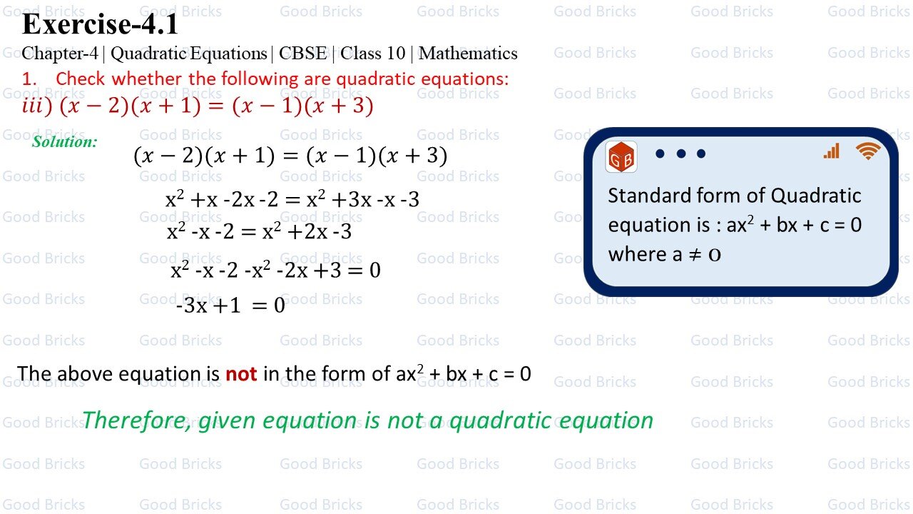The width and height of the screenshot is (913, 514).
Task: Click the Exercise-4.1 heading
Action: pyautogui.click(x=100, y=25)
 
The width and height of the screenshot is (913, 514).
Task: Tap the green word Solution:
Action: pyautogui.click(x=64, y=141)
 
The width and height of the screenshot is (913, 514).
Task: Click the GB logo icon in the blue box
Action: pyautogui.click(x=621, y=157)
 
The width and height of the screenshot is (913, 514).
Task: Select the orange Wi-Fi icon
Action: pyautogui.click(x=868, y=150)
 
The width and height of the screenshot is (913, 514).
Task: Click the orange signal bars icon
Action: pyautogui.click(x=832, y=151)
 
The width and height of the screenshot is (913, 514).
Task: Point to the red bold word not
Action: pyautogui.click(x=241, y=373)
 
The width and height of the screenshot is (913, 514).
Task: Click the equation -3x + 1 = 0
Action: pyautogui.click(x=230, y=306)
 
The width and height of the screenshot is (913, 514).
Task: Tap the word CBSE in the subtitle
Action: pyautogui.click(x=302, y=54)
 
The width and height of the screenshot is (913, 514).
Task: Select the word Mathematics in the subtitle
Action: pyautogui.click(x=468, y=54)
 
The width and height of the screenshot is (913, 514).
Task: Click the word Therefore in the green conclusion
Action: pyautogui.click(x=136, y=420)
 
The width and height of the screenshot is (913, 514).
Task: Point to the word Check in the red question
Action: pyautogui.click(x=81, y=79)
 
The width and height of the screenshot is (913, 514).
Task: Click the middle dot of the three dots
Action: pyautogui.click(x=680, y=153)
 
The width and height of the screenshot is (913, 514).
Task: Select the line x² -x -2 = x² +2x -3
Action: pyautogui.click(x=259, y=232)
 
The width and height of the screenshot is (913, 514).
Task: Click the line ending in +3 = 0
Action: pyautogui.click(x=275, y=271)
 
